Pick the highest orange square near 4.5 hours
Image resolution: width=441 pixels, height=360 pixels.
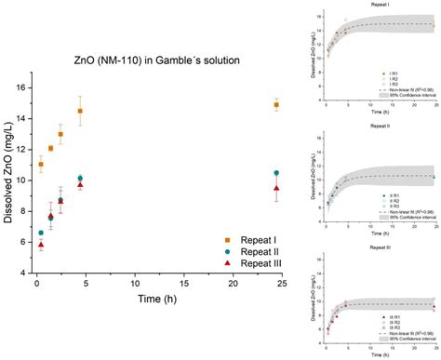tap(80, 111)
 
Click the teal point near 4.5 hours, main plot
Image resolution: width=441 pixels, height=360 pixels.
tap(80, 178)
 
